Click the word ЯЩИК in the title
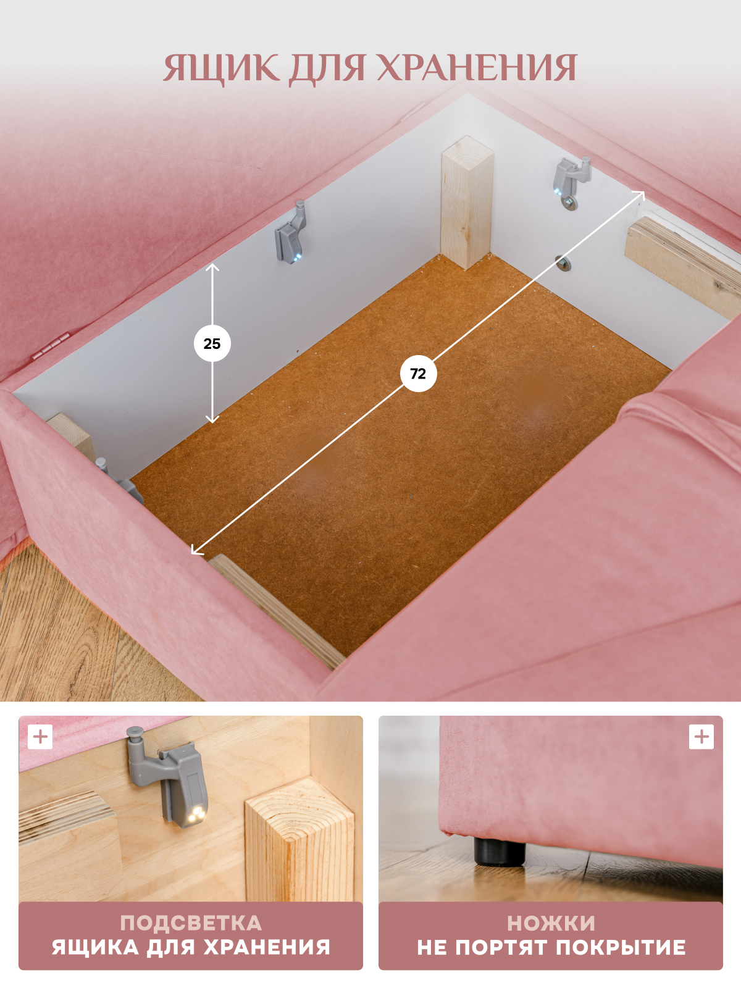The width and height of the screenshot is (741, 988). tap(221, 69)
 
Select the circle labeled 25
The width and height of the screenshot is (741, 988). tap(212, 343)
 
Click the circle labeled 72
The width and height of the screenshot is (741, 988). tap(418, 374)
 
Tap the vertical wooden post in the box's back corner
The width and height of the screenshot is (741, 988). tap(467, 203)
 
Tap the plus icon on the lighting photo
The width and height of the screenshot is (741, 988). tap(40, 737)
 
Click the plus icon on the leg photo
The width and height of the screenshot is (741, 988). tap(701, 737)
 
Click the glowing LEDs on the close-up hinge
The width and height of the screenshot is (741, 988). tap(196, 814)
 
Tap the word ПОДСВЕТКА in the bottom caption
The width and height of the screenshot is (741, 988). tap(191, 923)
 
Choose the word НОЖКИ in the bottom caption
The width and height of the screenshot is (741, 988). tap(551, 923)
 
